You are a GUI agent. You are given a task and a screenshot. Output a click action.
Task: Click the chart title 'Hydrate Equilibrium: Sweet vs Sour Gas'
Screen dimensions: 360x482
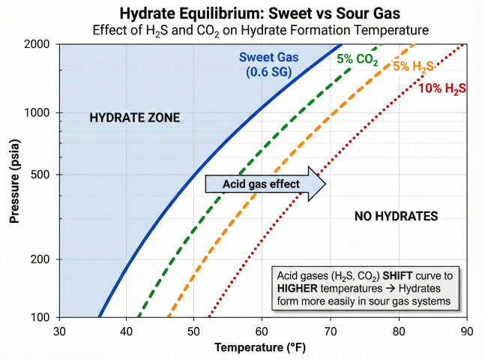(241, 13)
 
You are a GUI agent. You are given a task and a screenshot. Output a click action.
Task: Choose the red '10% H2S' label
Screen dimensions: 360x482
(442, 88)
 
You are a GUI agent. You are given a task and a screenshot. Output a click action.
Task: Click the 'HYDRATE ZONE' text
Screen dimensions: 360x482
(135, 118)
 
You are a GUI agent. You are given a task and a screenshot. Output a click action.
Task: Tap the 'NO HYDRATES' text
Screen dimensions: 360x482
(395, 216)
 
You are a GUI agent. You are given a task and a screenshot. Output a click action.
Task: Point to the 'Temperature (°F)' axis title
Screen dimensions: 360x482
(261, 348)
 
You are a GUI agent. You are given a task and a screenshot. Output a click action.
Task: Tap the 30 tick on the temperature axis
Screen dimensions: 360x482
(58, 331)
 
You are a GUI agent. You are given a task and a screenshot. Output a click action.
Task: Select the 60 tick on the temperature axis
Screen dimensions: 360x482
(262, 331)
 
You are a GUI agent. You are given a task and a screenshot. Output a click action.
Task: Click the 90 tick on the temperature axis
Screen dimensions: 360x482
(466, 331)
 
